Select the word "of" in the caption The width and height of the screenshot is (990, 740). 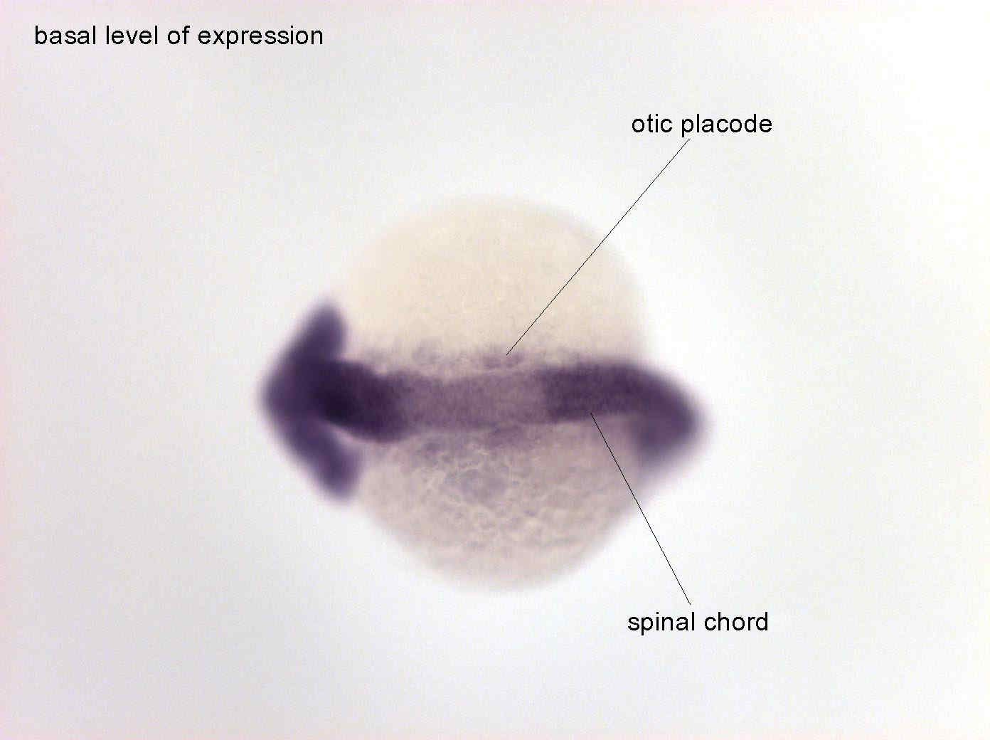point(178,36)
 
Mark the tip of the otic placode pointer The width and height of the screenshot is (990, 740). point(506,355)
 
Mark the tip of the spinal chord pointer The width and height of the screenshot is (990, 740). point(591,412)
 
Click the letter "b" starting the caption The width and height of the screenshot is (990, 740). point(41,36)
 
